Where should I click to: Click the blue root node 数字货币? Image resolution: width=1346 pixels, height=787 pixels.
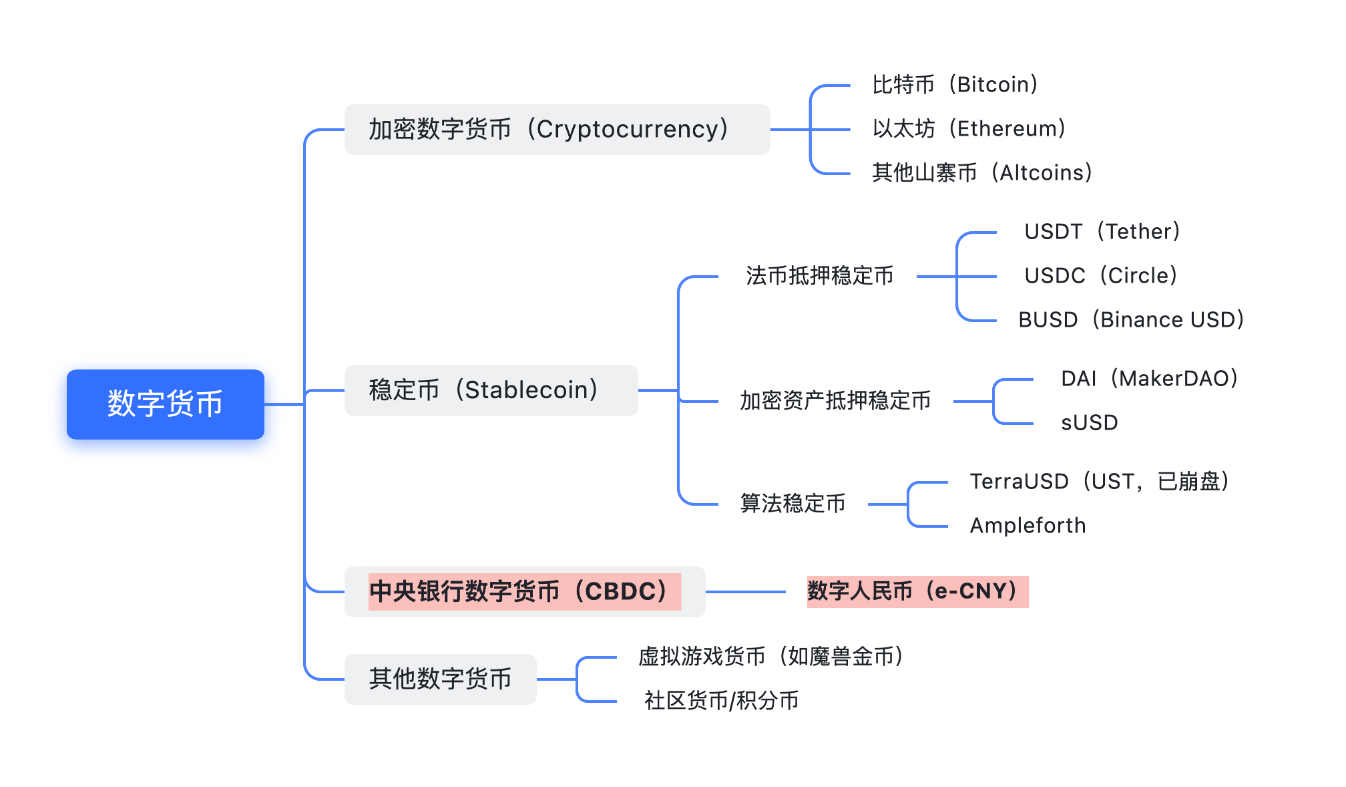(166, 404)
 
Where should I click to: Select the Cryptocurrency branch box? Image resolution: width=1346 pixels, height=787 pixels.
(557, 129)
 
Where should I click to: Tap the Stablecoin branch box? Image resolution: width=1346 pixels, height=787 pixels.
(491, 390)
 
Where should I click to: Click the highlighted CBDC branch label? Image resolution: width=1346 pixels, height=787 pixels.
(525, 591)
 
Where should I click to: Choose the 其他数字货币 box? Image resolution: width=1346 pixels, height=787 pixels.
(441, 679)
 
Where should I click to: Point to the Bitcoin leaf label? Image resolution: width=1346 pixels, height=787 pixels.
(955, 85)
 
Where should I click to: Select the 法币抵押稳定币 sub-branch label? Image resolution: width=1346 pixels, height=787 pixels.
(820, 275)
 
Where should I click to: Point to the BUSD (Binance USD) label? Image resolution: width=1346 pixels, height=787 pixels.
(1132, 319)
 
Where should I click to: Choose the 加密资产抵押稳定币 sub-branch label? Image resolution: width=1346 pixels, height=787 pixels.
(835, 400)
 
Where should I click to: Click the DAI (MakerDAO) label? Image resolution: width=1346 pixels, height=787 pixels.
(1150, 378)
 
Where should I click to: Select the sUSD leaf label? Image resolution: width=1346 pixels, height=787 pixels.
(1090, 422)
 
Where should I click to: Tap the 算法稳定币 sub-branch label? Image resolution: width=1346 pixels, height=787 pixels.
(793, 503)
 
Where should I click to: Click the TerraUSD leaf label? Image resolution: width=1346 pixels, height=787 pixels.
(1100, 481)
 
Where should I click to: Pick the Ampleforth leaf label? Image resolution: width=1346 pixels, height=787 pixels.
(1028, 525)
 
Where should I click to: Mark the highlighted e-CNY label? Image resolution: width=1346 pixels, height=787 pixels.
(917, 591)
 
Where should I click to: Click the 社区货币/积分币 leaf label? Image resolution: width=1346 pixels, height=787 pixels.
(722, 700)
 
